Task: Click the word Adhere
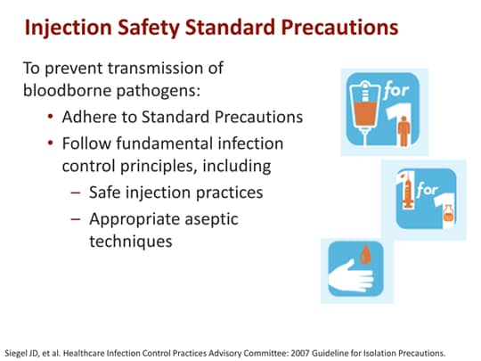click(x=93, y=117)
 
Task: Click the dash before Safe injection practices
click(x=75, y=193)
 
